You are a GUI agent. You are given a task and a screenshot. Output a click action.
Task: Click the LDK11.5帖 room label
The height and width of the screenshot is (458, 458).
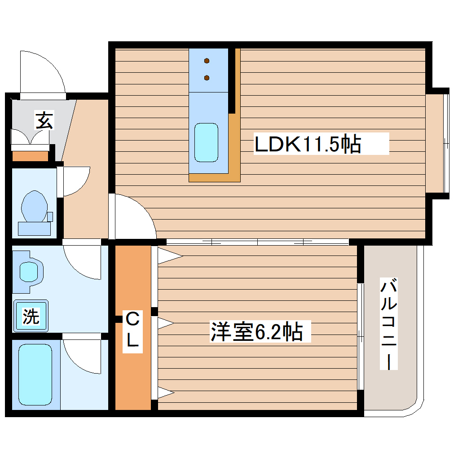click(x=308, y=144)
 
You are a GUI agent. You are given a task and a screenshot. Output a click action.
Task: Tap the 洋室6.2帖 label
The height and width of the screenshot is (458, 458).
click(x=256, y=332)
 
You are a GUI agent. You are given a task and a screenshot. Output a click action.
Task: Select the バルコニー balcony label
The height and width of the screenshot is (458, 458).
click(x=389, y=324)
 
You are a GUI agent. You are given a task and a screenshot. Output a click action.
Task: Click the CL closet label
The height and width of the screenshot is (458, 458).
click(x=132, y=330)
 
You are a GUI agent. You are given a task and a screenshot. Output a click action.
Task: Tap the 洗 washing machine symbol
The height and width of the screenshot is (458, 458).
click(x=31, y=316)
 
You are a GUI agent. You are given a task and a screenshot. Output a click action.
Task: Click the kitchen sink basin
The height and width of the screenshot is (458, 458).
click(x=206, y=142)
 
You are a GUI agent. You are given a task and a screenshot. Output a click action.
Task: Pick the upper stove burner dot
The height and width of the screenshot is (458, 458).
click(x=207, y=61)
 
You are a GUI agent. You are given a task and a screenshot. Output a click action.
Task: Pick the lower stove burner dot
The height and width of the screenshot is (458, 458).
click(x=207, y=78)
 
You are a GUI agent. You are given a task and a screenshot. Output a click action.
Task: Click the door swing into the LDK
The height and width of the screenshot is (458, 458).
click(x=132, y=218)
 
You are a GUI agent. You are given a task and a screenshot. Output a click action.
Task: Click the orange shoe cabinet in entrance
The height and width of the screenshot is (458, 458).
click(x=30, y=156)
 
